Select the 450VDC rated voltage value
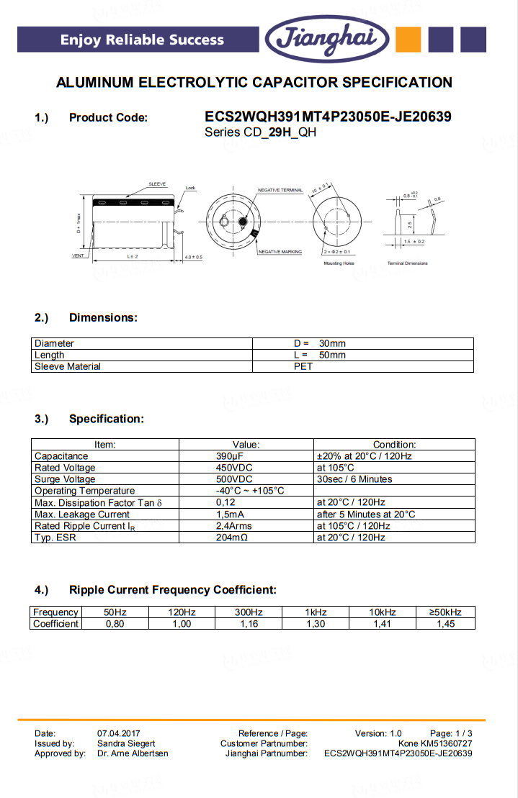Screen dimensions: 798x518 (233, 468)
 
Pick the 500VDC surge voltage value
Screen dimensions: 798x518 (233, 479)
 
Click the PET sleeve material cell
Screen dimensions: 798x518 (303, 366)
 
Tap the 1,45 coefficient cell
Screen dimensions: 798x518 (445, 624)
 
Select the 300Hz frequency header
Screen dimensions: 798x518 (249, 612)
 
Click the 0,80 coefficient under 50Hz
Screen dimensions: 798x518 (115, 624)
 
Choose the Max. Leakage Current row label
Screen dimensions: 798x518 (82, 514)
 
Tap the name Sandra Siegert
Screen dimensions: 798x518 (126, 743)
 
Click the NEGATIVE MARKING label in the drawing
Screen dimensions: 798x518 (280, 252)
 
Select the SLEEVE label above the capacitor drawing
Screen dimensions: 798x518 (157, 184)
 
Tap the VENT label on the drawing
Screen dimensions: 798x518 (79, 256)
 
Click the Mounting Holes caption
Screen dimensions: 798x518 (339, 263)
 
